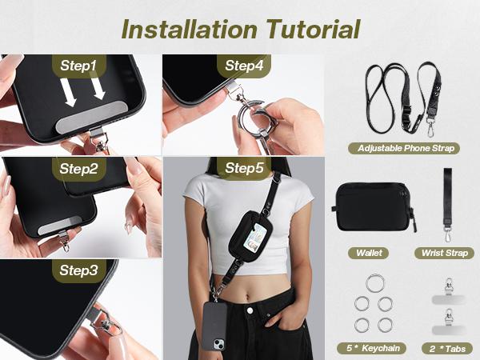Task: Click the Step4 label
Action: (x=244, y=65)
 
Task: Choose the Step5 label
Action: (x=244, y=168)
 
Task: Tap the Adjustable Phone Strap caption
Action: (x=406, y=148)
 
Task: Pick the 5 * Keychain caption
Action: (x=374, y=348)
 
